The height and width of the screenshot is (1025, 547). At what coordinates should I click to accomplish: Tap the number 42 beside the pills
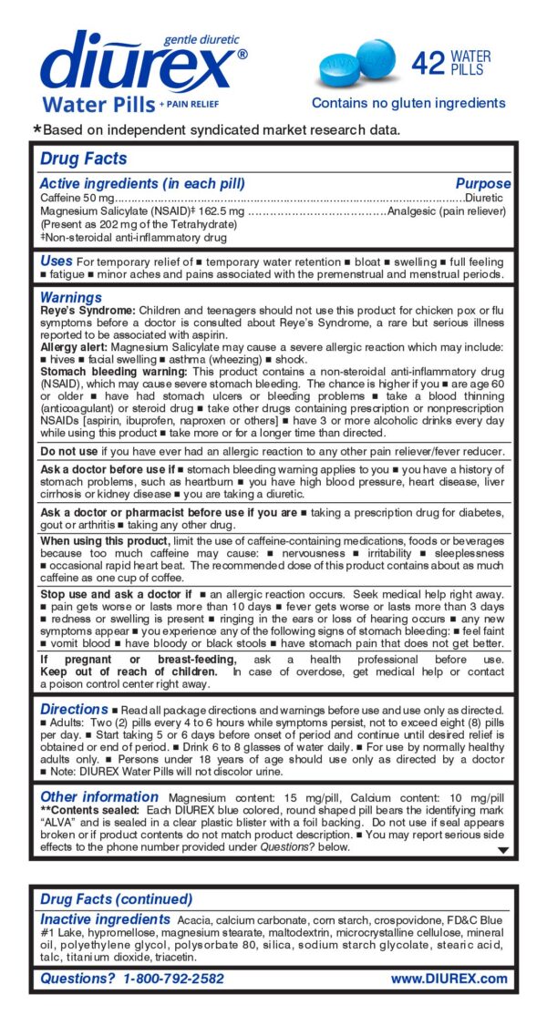tap(428, 63)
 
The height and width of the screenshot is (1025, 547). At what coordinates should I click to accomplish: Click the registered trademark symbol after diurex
tap(242, 55)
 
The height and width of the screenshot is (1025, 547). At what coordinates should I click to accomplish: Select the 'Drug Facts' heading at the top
tap(83, 159)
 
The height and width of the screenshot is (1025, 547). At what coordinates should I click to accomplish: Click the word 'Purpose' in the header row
tap(482, 183)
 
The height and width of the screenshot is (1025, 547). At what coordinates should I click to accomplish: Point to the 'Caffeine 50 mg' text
tap(77, 198)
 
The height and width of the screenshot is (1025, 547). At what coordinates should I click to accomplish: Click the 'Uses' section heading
tap(56, 261)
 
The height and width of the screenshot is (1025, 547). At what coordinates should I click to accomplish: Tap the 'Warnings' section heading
tap(70, 297)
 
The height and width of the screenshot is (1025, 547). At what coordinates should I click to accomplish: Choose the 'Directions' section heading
tap(74, 709)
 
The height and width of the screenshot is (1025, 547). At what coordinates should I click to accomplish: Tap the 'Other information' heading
tap(99, 796)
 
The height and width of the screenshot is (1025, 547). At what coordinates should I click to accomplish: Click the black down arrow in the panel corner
tap(501, 850)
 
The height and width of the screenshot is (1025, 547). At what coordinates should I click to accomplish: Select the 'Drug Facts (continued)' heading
tap(116, 900)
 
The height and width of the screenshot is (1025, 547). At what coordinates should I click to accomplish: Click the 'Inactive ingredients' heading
tap(104, 919)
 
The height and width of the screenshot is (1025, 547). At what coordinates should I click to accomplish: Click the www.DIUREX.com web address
tap(449, 979)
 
